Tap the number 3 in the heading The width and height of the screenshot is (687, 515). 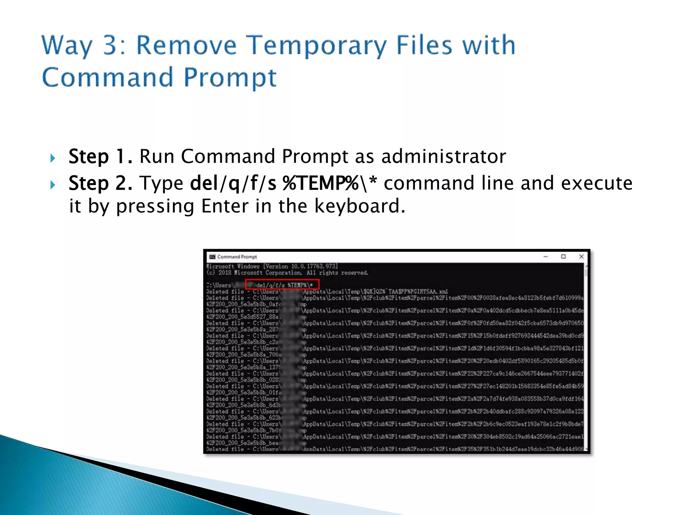[110, 45]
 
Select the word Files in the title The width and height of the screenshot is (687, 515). [424, 45]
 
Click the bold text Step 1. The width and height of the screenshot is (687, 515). [100, 157]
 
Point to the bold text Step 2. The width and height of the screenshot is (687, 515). [100, 183]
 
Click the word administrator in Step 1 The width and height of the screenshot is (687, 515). [443, 157]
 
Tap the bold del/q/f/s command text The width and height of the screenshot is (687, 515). [233, 183]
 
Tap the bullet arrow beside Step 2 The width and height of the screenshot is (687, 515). [53, 185]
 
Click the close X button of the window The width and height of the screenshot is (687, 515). [581, 256]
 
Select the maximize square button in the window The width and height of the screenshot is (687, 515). [563, 256]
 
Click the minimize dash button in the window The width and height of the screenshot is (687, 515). [545, 257]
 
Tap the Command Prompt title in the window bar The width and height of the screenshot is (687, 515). [237, 257]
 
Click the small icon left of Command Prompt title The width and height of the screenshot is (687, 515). [212, 257]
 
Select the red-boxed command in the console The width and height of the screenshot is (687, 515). [282, 285]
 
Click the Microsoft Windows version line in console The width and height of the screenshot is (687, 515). [272, 266]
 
